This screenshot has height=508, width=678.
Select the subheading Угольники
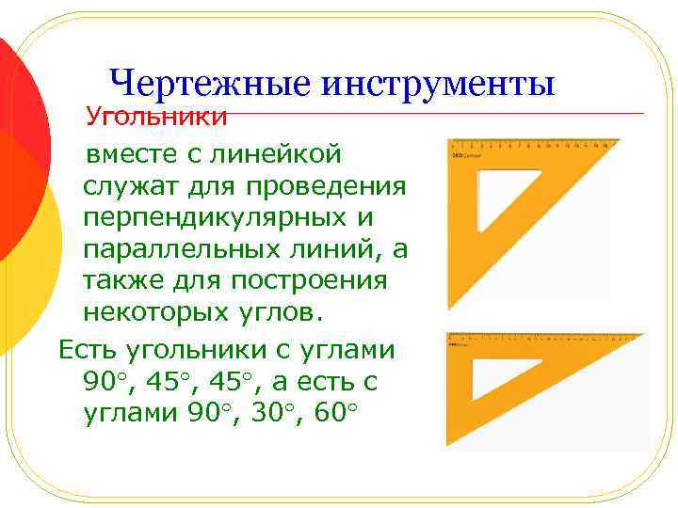point(156,118)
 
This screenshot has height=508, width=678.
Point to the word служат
point(131,185)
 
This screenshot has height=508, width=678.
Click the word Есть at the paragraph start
point(91,350)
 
